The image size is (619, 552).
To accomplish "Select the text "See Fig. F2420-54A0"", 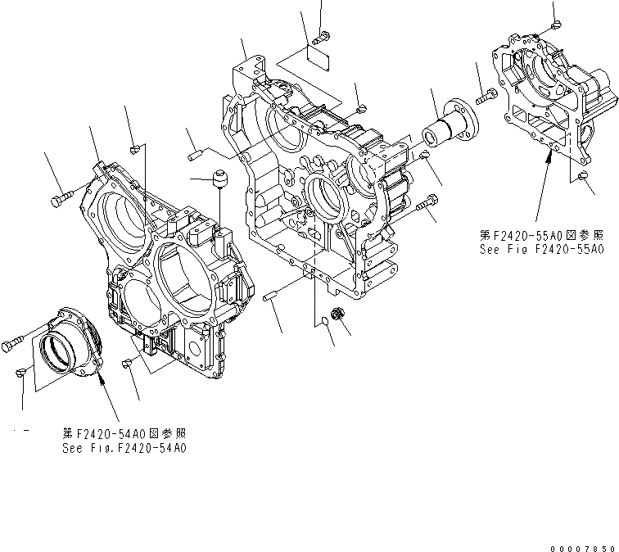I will [x=124, y=448].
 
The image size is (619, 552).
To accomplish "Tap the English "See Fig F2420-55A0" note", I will [x=541, y=248].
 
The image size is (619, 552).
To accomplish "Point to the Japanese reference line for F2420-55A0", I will [x=541, y=234].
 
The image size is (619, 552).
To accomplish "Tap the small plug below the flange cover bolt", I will [x=22, y=373].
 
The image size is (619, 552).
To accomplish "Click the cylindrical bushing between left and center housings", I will [x=219, y=179].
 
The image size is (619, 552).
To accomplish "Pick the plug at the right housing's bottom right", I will [x=583, y=179].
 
